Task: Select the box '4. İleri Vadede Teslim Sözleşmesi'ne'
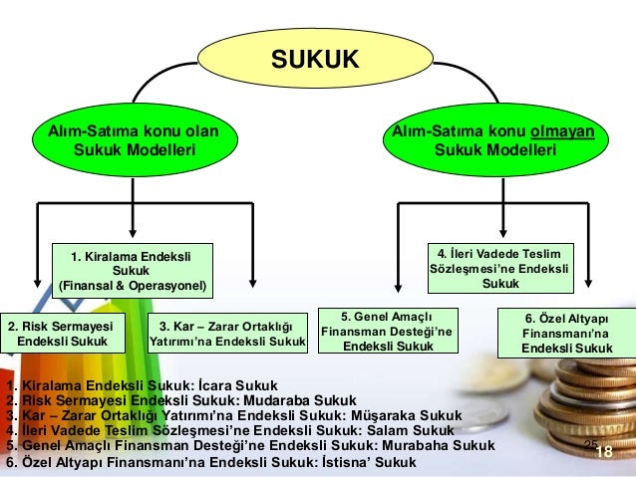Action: pos(500,266)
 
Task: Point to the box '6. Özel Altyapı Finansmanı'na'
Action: pos(566,334)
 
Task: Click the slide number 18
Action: pos(603,453)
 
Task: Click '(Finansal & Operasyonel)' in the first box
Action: pos(134,286)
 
